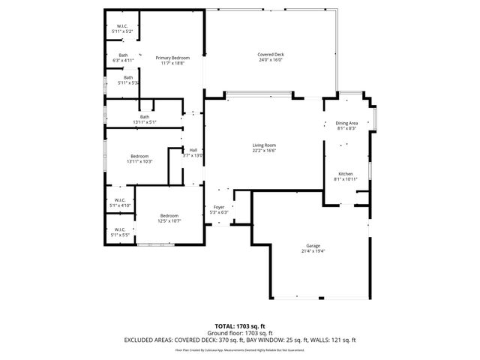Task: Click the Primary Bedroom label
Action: point(172,58)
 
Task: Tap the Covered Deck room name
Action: point(271,54)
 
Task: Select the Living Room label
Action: point(264,145)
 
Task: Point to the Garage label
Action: point(313,245)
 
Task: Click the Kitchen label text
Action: point(345,173)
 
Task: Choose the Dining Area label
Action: point(346,123)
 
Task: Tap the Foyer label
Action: point(219,206)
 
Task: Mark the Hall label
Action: point(193,150)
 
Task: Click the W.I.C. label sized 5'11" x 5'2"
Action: point(121,26)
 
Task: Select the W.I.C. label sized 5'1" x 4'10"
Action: point(120,199)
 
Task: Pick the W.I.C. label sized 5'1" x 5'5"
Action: point(120,229)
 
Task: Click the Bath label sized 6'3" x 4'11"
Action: point(122,55)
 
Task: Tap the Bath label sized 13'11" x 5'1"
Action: point(144,116)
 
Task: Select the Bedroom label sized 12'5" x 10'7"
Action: point(169,215)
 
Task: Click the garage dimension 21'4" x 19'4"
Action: point(313,250)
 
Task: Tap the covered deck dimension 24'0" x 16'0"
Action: point(271,60)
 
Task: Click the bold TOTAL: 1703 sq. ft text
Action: point(240,326)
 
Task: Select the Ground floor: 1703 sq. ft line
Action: point(240,333)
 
